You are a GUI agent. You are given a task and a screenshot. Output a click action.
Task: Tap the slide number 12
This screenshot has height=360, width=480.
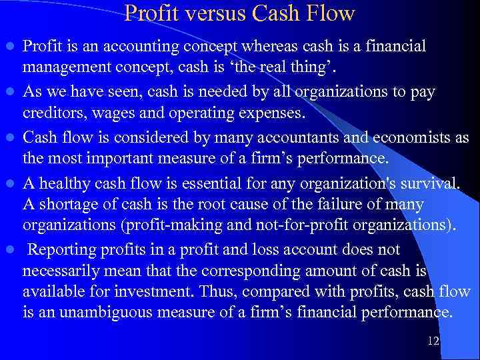coord(433,341)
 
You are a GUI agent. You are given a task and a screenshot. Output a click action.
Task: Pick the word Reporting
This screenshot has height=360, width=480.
coord(64,250)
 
